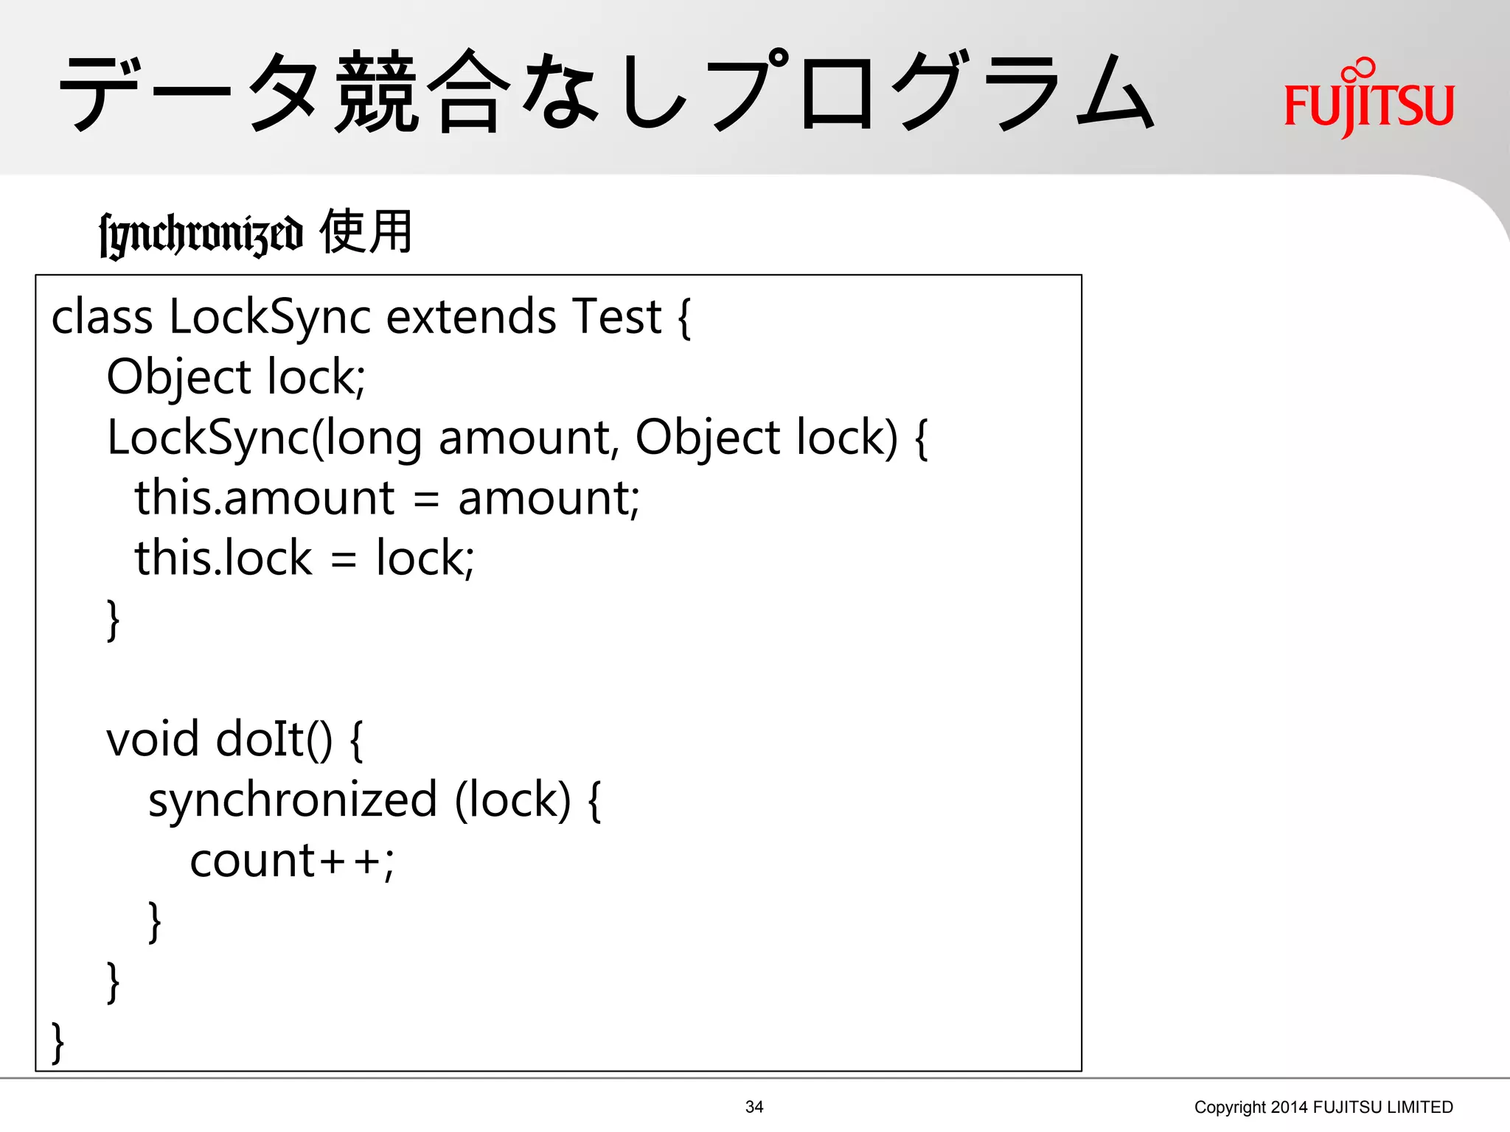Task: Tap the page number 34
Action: pos(754,1106)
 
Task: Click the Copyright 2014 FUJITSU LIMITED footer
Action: pos(1323,1107)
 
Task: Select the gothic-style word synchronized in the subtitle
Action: pos(201,234)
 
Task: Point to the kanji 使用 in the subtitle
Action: pos(366,231)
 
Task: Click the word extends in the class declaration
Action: pos(470,317)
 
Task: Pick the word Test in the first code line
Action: pos(616,317)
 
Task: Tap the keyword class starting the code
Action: pos(102,317)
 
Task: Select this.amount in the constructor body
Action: pos(264,498)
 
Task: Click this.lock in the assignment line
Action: pos(223,558)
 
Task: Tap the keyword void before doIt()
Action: pos(152,739)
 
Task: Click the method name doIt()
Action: pos(274,739)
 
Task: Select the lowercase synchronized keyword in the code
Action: pos(293,800)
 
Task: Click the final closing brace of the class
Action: pos(58,1042)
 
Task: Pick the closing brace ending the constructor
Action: pos(113,619)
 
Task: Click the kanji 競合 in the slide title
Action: pos(423,92)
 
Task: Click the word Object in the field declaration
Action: pos(179,377)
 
